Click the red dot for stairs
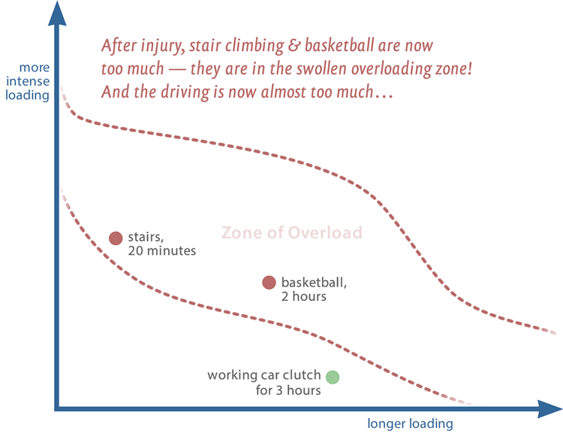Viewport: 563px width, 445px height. (116, 239)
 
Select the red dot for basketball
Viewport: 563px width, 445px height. (269, 283)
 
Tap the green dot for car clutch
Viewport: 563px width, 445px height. (333, 377)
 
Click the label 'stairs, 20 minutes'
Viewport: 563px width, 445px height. (162, 244)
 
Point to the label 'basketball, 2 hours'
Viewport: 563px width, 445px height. (315, 289)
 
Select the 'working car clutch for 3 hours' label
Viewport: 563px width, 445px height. (264, 383)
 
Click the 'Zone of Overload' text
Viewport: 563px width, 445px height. (291, 233)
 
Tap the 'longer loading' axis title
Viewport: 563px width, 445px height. (410, 424)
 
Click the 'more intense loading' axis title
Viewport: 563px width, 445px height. (28, 82)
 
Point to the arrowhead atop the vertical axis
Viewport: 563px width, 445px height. (57, 13)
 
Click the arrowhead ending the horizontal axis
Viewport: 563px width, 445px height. (549, 409)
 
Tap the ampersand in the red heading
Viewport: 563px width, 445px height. (294, 46)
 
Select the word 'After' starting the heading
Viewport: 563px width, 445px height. (119, 46)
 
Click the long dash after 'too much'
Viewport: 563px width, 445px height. (177, 69)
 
